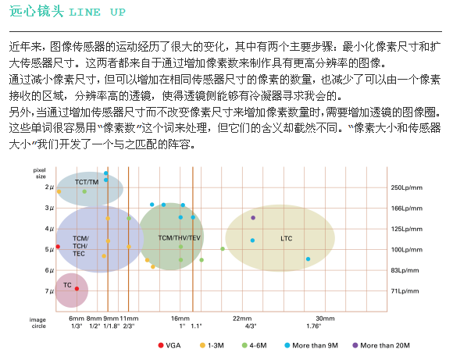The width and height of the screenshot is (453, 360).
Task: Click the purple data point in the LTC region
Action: click(253, 218)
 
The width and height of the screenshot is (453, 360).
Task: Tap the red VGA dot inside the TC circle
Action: click(77, 289)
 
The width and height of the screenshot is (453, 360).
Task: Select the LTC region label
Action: click(287, 238)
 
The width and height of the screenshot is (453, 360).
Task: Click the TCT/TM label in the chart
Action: click(87, 182)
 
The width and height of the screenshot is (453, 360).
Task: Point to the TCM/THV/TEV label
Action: click(179, 237)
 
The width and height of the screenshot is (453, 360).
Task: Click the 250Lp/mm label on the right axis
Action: click(406, 187)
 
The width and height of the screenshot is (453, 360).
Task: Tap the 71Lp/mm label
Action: click(405, 291)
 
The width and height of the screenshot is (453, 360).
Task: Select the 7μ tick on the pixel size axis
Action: click(49, 291)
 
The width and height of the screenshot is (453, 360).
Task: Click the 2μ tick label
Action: click(49, 187)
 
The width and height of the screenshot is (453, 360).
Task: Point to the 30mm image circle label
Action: click(325, 319)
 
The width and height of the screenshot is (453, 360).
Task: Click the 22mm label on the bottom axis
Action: click(242, 319)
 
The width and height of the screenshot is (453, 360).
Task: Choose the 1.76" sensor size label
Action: click(314, 326)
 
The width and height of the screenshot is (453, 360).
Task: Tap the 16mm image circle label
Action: click(180, 319)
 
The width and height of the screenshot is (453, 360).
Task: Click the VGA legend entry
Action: click(169, 345)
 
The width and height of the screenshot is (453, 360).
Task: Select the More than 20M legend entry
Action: click(381, 345)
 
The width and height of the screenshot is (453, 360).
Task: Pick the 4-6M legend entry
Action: click(255, 345)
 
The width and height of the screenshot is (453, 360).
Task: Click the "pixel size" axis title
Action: click(40, 173)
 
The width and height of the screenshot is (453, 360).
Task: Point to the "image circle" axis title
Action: click(37, 323)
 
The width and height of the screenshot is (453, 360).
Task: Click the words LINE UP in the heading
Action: click(97, 12)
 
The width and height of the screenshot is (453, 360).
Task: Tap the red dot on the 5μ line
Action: click(58, 247)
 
